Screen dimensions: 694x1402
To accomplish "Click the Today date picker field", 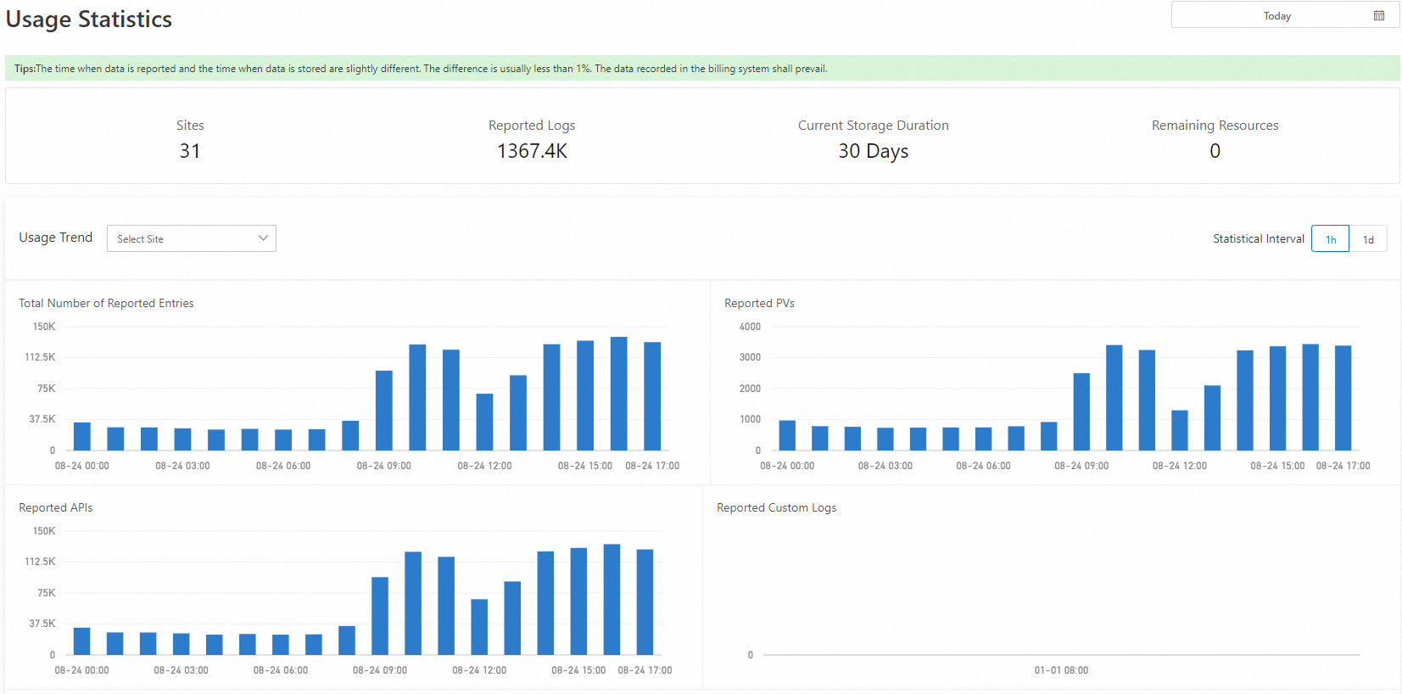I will [x=1276, y=16].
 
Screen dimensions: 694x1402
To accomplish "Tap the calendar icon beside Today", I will [x=1379, y=16].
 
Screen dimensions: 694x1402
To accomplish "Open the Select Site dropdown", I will [x=191, y=238].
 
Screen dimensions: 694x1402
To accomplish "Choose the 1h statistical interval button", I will [x=1330, y=239].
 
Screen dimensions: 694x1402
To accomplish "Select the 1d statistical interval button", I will [x=1368, y=239].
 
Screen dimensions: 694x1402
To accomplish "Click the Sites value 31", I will [x=190, y=151].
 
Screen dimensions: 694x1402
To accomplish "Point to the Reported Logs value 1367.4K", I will [x=532, y=151].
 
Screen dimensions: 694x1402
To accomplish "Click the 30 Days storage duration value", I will [x=873, y=151].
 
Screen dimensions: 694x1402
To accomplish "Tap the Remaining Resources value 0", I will [x=1215, y=151].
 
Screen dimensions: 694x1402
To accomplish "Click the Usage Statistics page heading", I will [x=89, y=20].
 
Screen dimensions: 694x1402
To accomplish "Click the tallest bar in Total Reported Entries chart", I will [x=618, y=394].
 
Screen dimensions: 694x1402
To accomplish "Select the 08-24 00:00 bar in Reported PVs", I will [x=787, y=435].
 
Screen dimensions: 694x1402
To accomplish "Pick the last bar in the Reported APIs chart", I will [x=645, y=602].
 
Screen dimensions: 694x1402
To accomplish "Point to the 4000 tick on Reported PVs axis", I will [x=750, y=327].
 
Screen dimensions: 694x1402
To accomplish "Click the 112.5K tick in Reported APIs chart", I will [x=40, y=562].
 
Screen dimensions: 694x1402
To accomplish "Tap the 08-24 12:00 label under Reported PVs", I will [x=1179, y=466].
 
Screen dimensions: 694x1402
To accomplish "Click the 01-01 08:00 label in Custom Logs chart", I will [x=1061, y=670].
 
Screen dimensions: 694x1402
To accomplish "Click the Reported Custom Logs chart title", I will [x=776, y=507].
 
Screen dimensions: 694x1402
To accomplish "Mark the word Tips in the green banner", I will [x=24, y=69].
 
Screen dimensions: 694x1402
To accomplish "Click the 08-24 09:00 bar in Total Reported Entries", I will [x=384, y=411].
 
